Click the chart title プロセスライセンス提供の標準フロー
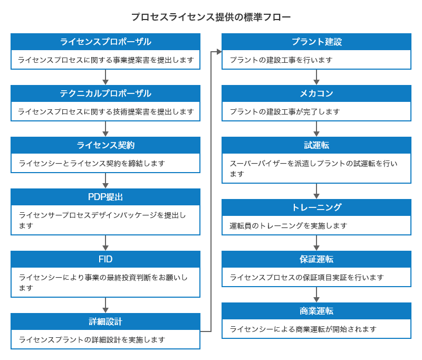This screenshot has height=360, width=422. pyautogui.click(x=211, y=17)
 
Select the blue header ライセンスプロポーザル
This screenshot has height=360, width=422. pyautogui.click(x=105, y=42)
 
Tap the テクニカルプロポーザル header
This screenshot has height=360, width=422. pyautogui.click(x=105, y=93)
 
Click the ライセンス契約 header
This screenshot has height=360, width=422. pyautogui.click(x=105, y=145)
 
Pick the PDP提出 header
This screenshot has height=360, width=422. pyautogui.click(x=105, y=197)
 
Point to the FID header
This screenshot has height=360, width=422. pyautogui.click(x=105, y=259)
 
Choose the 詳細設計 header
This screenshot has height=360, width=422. pyautogui.click(x=105, y=321)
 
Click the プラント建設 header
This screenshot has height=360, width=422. pyautogui.click(x=316, y=42)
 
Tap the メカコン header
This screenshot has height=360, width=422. pyautogui.click(x=316, y=93)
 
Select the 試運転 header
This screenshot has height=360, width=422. pyautogui.click(x=316, y=145)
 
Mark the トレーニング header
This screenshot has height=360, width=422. pyautogui.click(x=316, y=207)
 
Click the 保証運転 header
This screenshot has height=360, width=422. pyautogui.click(x=316, y=259)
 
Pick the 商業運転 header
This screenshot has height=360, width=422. pyautogui.click(x=316, y=311)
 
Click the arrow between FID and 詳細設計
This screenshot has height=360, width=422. pyautogui.click(x=105, y=305)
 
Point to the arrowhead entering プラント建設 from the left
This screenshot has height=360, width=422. pyautogui.click(x=218, y=52)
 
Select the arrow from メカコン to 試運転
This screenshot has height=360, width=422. pyautogui.click(x=316, y=129)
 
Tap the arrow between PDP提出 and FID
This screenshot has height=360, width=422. pyautogui.click(x=105, y=242)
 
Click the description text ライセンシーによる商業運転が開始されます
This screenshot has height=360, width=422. pyautogui.click(x=303, y=329)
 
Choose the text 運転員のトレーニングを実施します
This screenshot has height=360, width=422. pyautogui.click(x=289, y=225)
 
